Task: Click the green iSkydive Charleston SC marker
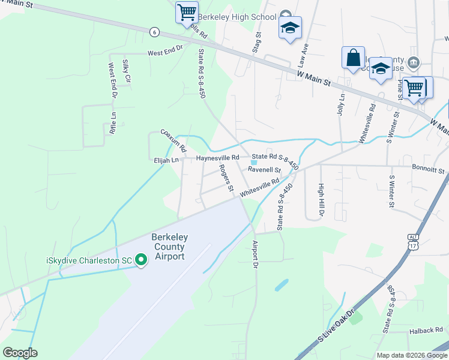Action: click(141, 260)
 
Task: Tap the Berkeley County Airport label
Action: click(161, 247)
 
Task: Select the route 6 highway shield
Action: click(155, 32)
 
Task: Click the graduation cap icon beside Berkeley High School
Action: click(290, 28)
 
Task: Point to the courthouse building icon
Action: click(414, 62)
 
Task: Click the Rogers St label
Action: click(226, 178)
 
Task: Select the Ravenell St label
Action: click(265, 170)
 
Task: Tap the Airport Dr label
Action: click(255, 254)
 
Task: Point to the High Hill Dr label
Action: click(321, 200)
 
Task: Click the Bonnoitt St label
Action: click(428, 169)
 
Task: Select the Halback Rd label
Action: click(426, 329)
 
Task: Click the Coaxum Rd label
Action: click(174, 140)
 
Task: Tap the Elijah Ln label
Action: click(166, 160)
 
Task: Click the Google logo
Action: click(20, 353)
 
